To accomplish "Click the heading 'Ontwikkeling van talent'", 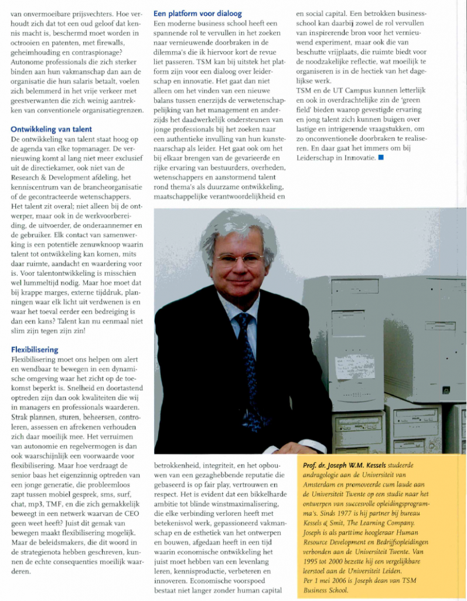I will coord(52,129).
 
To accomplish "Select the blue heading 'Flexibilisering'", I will coord(35,350).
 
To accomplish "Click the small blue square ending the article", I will coord(381,157).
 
